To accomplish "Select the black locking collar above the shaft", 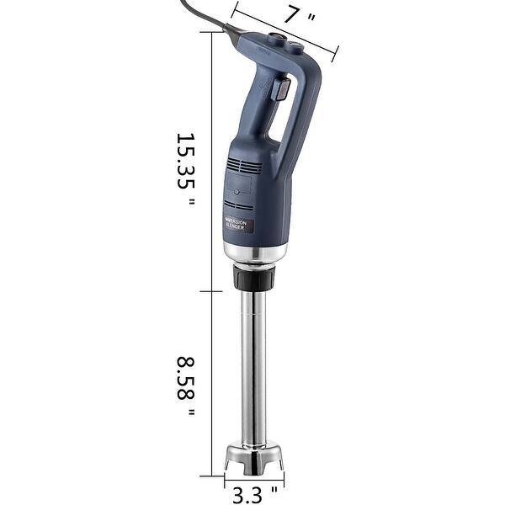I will pos(252,277).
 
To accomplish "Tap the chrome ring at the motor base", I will pos(252,254).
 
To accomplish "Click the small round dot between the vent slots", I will pos(238,191).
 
